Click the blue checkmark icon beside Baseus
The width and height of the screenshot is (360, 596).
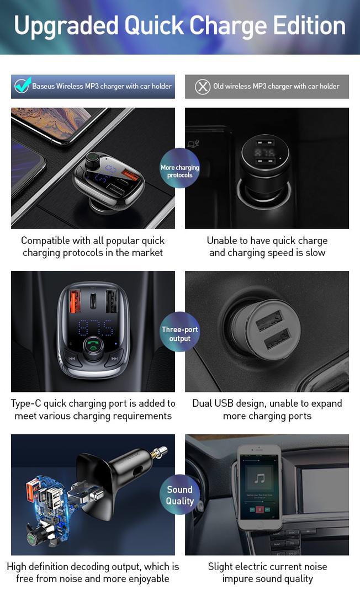coord(22,86)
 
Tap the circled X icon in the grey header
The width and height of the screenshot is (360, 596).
coord(203,87)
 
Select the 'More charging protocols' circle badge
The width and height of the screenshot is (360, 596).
coord(179,168)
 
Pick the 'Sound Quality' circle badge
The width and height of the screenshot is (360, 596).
coord(179,494)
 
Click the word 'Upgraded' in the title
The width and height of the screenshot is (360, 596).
coord(66,26)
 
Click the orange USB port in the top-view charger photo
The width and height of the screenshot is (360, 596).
coord(75,301)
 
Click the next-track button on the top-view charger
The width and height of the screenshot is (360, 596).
coord(114,359)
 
